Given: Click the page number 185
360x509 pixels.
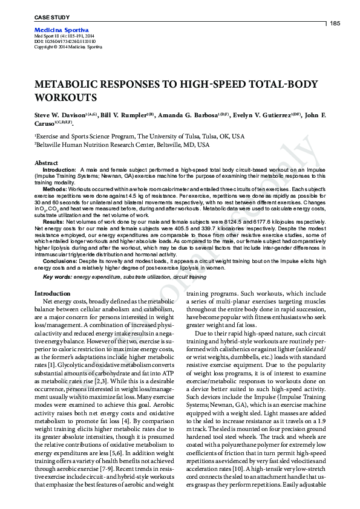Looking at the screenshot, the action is [335, 23].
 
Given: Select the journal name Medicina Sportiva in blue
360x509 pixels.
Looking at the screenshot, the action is [62, 30].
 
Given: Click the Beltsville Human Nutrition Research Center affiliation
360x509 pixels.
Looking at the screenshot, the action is [123, 145].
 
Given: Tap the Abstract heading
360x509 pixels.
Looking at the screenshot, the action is [47, 163].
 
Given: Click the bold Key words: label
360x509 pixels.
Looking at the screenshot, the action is [56, 277].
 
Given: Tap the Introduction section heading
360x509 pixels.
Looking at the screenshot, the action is [53, 293].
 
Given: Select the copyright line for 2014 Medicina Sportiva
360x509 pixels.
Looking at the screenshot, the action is [68, 47].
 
